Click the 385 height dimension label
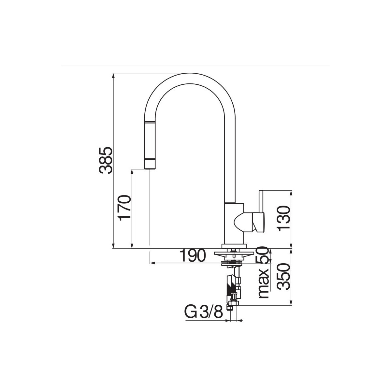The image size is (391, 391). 106,161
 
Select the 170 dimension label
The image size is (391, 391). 124,208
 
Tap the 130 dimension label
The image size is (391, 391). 284,218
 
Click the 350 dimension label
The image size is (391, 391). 284,276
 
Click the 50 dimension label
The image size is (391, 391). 262,255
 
